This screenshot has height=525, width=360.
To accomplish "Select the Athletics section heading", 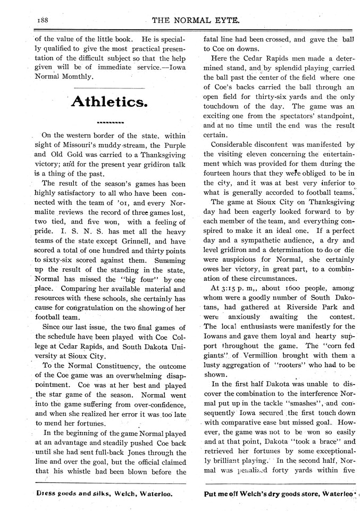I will pyautogui.click(x=110, y=102).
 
